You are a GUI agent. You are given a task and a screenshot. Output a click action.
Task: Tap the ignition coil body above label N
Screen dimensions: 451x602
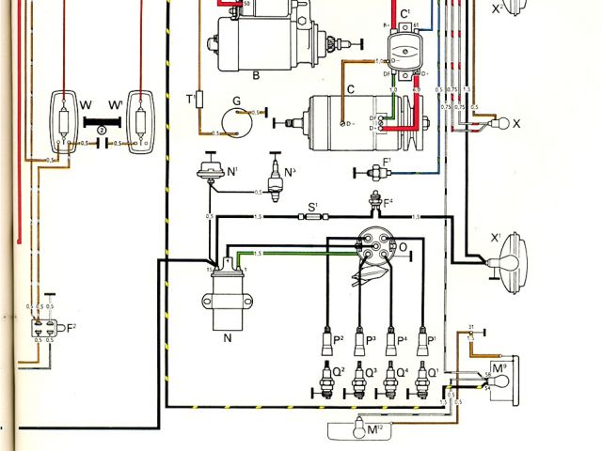tap(226, 288)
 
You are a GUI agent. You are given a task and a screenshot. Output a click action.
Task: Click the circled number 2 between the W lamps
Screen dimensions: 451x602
tap(101, 132)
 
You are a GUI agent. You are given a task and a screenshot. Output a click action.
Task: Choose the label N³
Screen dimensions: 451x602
tap(291, 172)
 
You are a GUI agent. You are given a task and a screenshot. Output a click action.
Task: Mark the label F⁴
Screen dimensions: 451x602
tap(387, 199)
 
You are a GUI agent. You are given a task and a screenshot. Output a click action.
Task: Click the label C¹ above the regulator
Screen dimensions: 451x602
tap(405, 13)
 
